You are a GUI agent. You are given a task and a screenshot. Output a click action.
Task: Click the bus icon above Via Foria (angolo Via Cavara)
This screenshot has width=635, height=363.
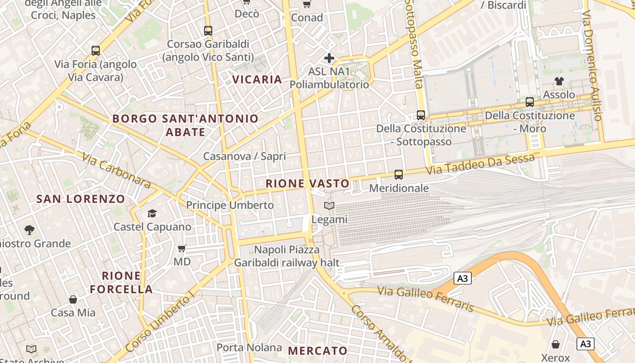[95, 50]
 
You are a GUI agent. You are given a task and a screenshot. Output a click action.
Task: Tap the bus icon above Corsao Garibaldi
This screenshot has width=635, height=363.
[208, 31]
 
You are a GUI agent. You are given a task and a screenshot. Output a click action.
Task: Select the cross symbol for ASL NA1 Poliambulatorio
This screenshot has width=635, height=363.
[329, 58]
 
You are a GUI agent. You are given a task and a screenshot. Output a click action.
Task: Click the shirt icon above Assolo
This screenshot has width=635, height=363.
[559, 81]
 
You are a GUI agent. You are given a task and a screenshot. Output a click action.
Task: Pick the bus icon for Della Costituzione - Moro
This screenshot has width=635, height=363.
[530, 102]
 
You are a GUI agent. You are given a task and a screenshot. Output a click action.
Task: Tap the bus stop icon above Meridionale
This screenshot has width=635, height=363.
[399, 174]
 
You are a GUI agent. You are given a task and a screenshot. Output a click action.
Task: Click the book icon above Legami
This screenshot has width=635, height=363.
[329, 206]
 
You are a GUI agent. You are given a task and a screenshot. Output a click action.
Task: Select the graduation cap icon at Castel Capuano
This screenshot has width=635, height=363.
[152, 213]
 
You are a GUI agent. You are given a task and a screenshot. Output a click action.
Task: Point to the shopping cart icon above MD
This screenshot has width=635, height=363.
[182, 248]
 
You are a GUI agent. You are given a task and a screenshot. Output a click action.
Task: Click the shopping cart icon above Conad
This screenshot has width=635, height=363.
[307, 4]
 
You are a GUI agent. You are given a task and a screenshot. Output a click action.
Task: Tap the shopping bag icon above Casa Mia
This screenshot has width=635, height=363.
[73, 299]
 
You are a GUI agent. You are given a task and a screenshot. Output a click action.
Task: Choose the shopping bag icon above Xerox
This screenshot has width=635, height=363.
[556, 345]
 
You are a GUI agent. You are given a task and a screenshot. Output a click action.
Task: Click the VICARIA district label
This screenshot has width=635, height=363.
[257, 79]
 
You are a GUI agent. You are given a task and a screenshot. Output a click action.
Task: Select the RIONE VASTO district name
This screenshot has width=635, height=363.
[308, 183]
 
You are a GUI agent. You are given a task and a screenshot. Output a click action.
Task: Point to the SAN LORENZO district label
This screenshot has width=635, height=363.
[80, 199]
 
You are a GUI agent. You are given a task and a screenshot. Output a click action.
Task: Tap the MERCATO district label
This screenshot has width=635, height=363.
[317, 350]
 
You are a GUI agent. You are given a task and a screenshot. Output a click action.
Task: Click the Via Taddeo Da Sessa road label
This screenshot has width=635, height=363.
[480, 164]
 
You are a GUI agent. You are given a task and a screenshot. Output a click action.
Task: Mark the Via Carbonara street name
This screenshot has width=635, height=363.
[116, 170]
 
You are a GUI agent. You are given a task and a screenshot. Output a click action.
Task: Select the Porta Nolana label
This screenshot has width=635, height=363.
[249, 348]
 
